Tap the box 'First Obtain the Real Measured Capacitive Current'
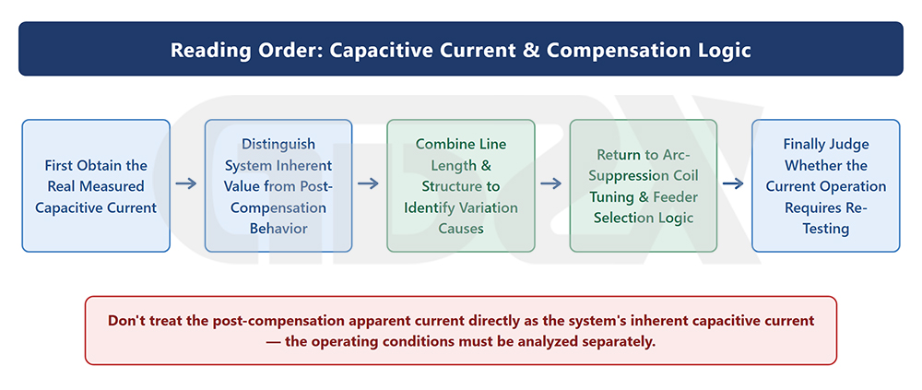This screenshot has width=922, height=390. click(96, 186)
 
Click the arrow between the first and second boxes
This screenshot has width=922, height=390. click(186, 183)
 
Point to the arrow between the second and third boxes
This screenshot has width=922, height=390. click(369, 183)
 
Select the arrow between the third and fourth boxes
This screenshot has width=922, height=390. click(551, 183)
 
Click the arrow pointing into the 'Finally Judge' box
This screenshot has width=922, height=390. click(734, 183)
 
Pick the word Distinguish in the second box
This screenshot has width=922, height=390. click(278, 144)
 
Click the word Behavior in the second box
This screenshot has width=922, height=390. click(278, 229)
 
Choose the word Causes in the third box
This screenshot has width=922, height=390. click(460, 229)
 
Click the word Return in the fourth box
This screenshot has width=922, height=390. click(618, 155)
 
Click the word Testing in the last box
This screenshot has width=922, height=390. click(825, 229)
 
